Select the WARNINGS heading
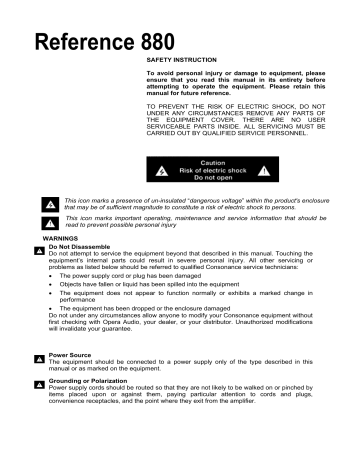(35, 239)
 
